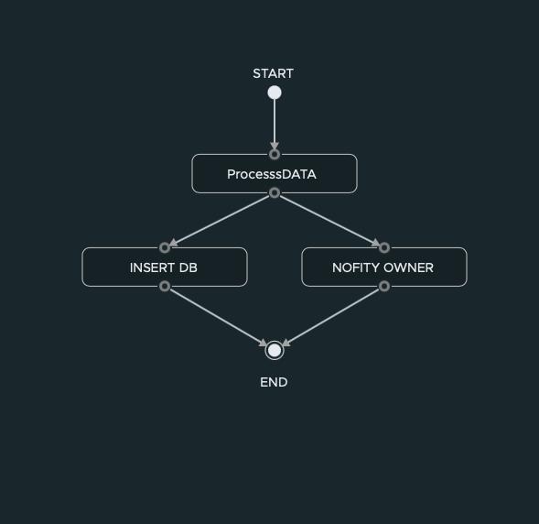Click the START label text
pyautogui.click(x=274, y=73)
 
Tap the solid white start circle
pyautogui.click(x=275, y=93)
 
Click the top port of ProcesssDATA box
pyautogui.click(x=275, y=155)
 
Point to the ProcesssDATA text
pyautogui.click(x=272, y=174)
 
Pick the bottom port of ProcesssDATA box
pyautogui.click(x=275, y=193)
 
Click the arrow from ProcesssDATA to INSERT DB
pyautogui.click(x=220, y=221)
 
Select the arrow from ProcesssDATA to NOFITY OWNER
pyautogui.click(x=329, y=221)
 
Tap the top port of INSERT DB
pyautogui.click(x=165, y=247)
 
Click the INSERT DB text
pyautogui.click(x=164, y=267)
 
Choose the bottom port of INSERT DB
pyautogui.click(x=165, y=286)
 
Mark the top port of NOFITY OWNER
pyautogui.click(x=384, y=247)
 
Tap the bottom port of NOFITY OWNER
pyautogui.click(x=384, y=286)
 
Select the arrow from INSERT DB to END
pyautogui.click(x=219, y=317)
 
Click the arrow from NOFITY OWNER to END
pyautogui.click(x=330, y=317)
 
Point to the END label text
pyautogui.click(x=274, y=382)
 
